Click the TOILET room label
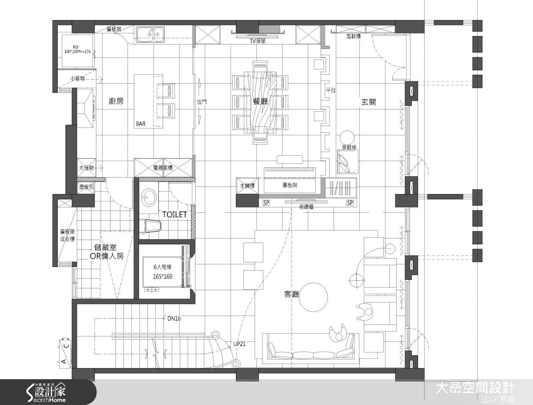[x=174, y=215]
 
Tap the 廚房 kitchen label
[x=115, y=101]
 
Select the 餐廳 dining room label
[x=260, y=101]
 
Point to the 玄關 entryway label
[x=369, y=101]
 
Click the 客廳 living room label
[x=291, y=294]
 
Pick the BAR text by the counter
[x=141, y=124]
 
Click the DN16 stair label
[x=174, y=318]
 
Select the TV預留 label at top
[x=257, y=40]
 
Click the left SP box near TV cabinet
[x=266, y=203]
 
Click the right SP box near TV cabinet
[x=350, y=203]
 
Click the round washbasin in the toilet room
[x=148, y=196]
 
